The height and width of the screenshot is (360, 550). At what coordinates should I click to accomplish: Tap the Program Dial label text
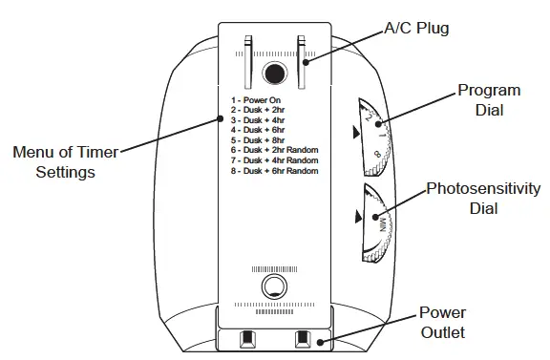488,100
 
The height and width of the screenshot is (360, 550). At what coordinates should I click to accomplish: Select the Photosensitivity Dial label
476,198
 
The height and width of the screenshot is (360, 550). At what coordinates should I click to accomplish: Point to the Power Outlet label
442,324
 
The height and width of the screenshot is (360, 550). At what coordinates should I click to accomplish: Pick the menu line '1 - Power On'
255,99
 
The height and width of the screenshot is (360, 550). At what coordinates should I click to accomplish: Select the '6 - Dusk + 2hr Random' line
273,151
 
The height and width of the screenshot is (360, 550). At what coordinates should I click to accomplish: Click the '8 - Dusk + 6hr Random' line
273,171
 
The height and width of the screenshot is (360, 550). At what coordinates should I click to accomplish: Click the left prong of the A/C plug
247,60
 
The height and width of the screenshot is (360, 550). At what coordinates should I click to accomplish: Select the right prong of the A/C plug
302,60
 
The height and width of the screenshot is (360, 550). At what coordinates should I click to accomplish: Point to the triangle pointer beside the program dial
356,135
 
